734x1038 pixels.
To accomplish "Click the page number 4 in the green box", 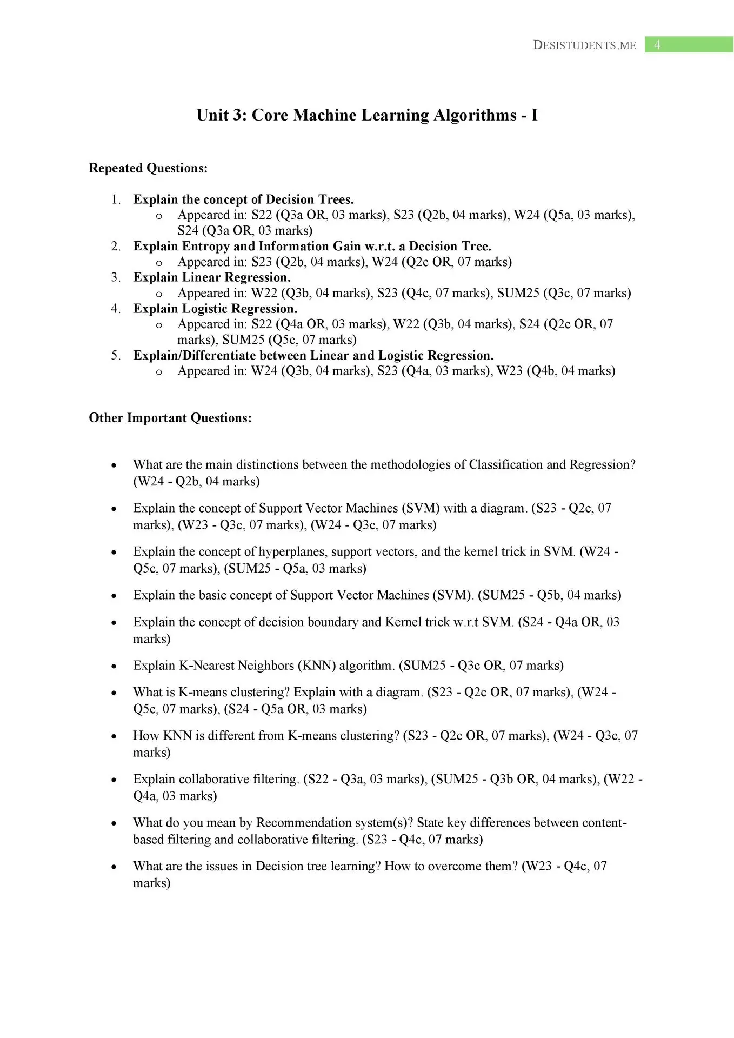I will coord(657,45).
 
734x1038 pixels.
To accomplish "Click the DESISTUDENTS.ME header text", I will coord(584,45).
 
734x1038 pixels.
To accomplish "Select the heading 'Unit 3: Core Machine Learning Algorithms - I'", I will coord(367,115).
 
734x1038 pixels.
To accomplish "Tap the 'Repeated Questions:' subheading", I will coord(148,168).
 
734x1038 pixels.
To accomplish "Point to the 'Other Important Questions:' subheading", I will coord(170,418).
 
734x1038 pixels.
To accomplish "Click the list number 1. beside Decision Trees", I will coord(116,199).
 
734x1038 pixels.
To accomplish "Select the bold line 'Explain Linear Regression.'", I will coord(212,277).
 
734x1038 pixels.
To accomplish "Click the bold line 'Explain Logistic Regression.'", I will coord(215,309).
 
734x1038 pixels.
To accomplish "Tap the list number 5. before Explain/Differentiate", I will coord(116,355).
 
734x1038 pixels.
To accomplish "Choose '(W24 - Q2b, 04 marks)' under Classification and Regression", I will coord(196,481).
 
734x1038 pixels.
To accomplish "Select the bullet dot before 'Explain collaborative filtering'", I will coord(114,780).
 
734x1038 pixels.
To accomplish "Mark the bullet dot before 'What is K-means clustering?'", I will coord(114,693).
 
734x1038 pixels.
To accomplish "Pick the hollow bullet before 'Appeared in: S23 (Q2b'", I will coord(159,263).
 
